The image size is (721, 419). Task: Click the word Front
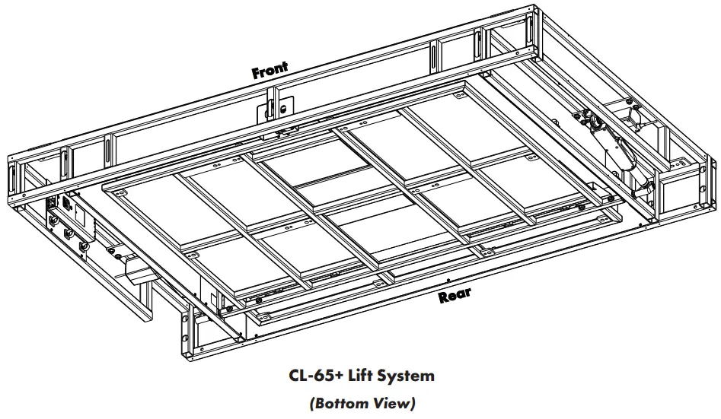(x=270, y=71)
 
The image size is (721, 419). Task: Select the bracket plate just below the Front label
(x=272, y=108)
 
